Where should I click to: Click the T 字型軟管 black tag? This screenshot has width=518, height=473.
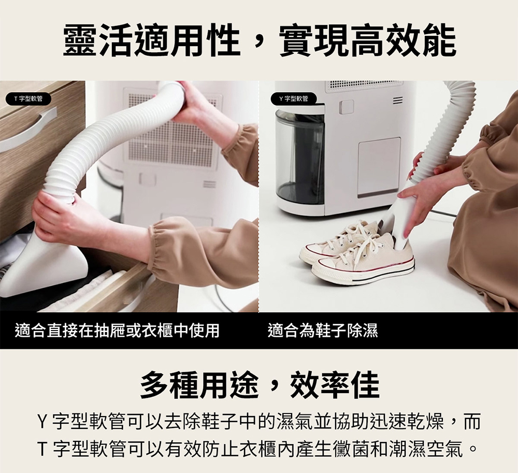point(28,98)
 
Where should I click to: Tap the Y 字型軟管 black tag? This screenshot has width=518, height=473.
point(294,98)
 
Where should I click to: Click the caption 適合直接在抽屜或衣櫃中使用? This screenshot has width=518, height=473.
point(117,331)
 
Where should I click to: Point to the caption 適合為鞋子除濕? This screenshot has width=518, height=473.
point(323,331)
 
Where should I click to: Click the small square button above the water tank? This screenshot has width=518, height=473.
point(346,107)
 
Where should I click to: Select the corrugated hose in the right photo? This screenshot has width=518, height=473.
point(443,139)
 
